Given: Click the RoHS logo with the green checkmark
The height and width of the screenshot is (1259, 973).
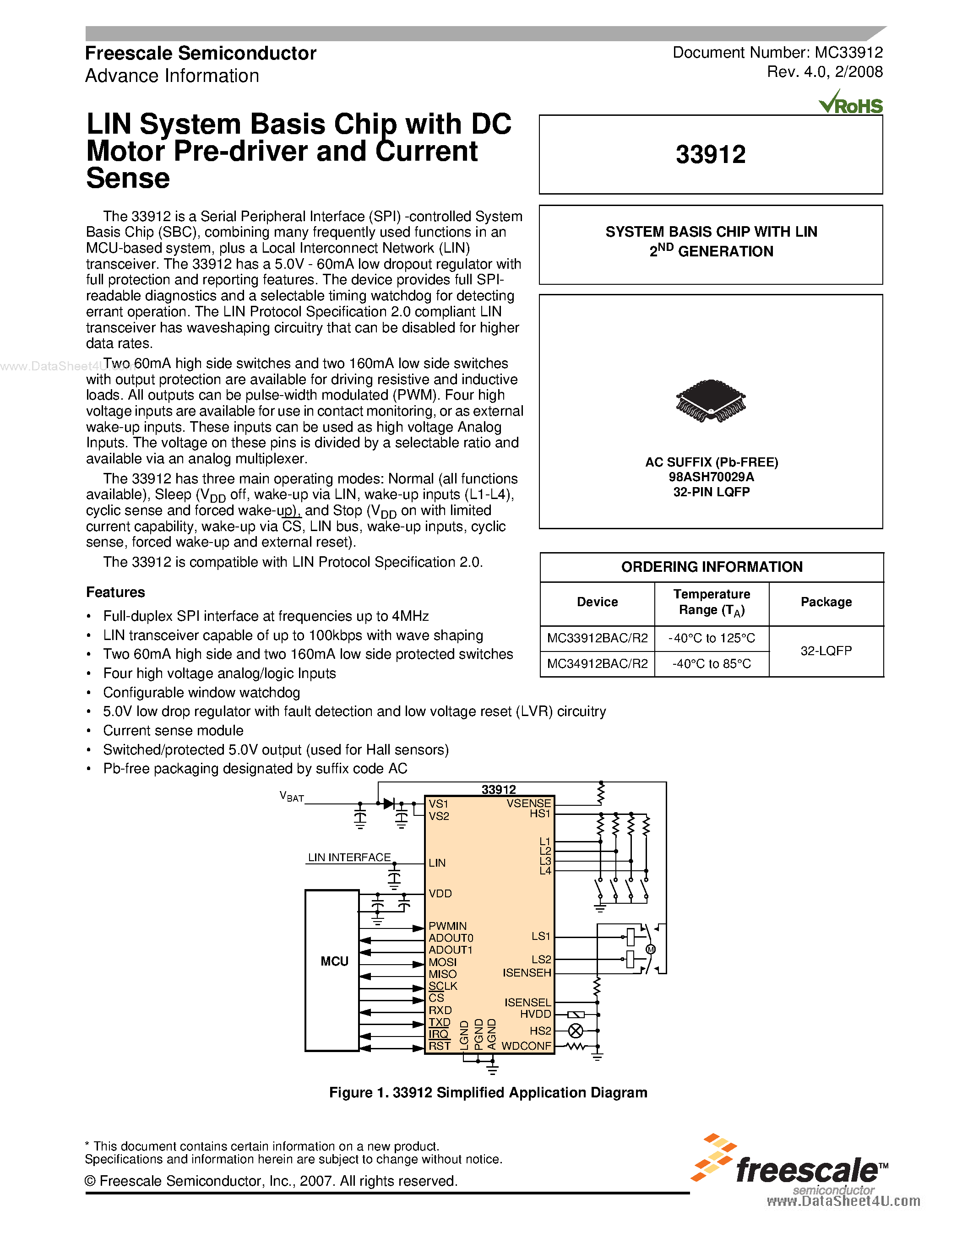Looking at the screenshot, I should pyautogui.click(x=850, y=103).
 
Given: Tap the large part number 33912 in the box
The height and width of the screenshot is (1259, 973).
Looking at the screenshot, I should pyautogui.click(x=710, y=154).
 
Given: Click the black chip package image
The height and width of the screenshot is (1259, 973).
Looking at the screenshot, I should pyautogui.click(x=710, y=401).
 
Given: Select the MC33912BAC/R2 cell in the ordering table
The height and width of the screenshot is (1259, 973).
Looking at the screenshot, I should pyautogui.click(x=597, y=638).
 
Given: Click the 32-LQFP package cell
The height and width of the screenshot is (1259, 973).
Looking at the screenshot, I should pyautogui.click(x=826, y=651).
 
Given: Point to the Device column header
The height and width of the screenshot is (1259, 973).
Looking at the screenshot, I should pyautogui.click(x=597, y=602).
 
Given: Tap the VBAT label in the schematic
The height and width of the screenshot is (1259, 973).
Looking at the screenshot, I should pyautogui.click(x=292, y=797).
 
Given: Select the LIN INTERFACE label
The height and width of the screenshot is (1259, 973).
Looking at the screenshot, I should pyautogui.click(x=349, y=857).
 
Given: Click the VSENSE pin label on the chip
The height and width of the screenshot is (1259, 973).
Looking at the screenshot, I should pyautogui.click(x=528, y=803).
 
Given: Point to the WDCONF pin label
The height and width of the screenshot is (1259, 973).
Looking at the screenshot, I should pyautogui.click(x=526, y=1046).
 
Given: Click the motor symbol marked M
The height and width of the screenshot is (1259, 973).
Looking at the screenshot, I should pyautogui.click(x=650, y=950).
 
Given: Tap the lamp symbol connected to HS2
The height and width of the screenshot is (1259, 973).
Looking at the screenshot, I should pyautogui.click(x=575, y=1031).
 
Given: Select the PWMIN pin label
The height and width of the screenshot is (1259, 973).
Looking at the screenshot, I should pyautogui.click(x=447, y=926).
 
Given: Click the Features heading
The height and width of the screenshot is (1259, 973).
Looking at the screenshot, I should pyautogui.click(x=115, y=592).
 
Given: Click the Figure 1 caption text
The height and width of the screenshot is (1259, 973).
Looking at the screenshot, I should pyautogui.click(x=488, y=1092).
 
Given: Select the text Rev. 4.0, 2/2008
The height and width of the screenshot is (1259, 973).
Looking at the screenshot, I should pyautogui.click(x=824, y=72).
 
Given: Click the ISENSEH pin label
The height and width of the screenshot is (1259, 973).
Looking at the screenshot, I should pyautogui.click(x=526, y=973).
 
